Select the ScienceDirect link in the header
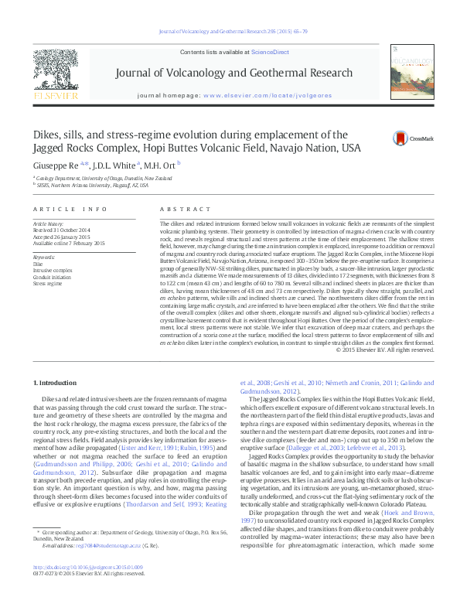pyautogui.click(x=270, y=51)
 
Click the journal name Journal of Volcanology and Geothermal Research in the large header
pyautogui.click(x=233, y=73)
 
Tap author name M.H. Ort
pyautogui.click(x=160, y=165)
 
